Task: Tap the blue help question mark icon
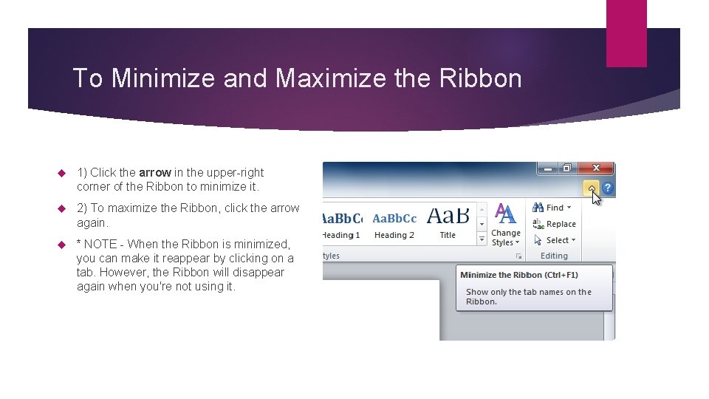tap(608, 189)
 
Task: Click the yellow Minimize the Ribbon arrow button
tap(592, 189)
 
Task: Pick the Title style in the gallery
tap(448, 221)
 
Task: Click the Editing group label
tap(554, 256)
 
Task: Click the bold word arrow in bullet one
tap(155, 172)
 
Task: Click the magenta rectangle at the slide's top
tap(626, 33)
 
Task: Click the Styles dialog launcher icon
tap(518, 256)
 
